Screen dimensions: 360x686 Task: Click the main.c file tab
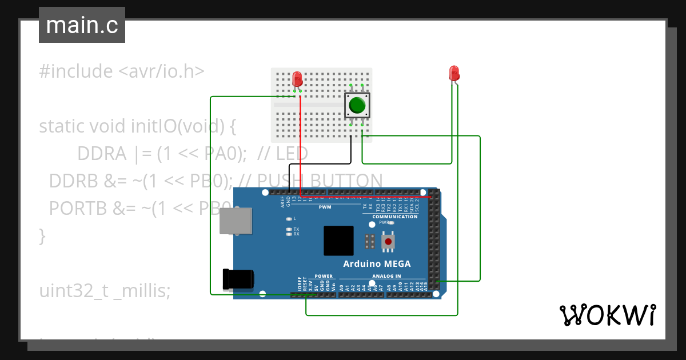pyautogui.click(x=82, y=25)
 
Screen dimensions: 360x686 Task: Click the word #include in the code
pyautogui.click(x=76, y=72)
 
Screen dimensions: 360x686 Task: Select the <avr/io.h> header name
pyautogui.click(x=161, y=72)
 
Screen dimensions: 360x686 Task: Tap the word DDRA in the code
pyautogui.click(x=102, y=154)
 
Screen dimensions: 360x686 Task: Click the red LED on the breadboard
pyautogui.click(x=297, y=78)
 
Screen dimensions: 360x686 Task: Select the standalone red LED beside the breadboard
pyautogui.click(x=454, y=73)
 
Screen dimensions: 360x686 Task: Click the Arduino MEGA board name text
pyautogui.click(x=376, y=264)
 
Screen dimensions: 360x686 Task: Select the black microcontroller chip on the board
pyautogui.click(x=338, y=241)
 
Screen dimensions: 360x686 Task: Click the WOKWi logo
pyautogui.click(x=607, y=315)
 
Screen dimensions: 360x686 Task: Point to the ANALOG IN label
pyautogui.click(x=386, y=276)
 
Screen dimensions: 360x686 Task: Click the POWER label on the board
pyautogui.click(x=324, y=276)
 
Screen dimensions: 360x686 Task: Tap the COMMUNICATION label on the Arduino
pyautogui.click(x=395, y=217)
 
